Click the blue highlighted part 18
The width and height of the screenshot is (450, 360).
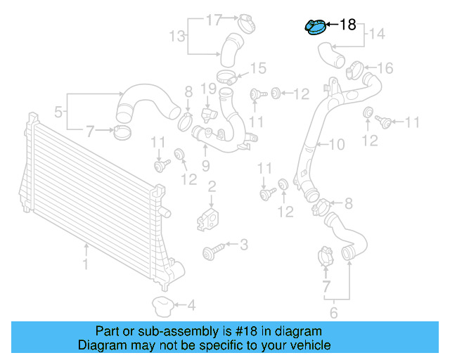(x=315, y=27)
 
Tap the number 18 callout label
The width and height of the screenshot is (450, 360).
(x=348, y=25)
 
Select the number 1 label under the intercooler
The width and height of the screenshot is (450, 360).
(x=86, y=265)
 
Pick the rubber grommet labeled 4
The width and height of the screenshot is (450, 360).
(x=163, y=305)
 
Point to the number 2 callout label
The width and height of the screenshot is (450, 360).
(x=211, y=186)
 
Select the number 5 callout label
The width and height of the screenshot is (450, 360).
(x=60, y=110)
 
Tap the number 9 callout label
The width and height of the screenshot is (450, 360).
(x=205, y=166)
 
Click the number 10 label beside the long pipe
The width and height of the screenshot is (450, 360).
(x=337, y=145)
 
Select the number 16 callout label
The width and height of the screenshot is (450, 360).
(x=385, y=68)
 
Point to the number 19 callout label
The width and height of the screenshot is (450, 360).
(x=207, y=89)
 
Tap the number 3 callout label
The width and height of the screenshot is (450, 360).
(x=243, y=245)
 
